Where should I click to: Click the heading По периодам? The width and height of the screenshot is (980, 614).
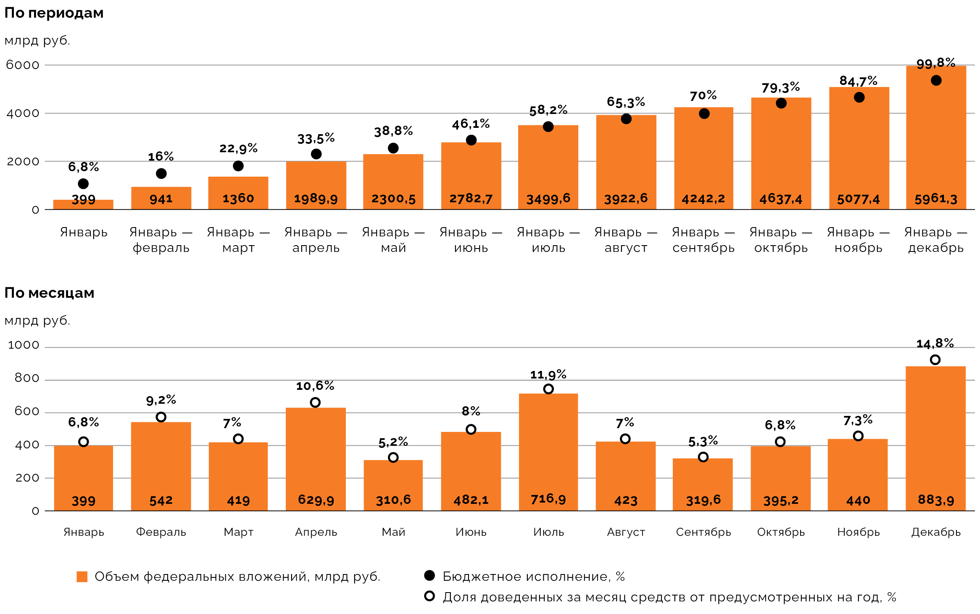click(54, 13)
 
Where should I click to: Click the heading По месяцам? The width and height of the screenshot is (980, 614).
click(49, 293)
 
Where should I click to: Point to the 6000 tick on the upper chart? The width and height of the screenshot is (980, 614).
click(22, 65)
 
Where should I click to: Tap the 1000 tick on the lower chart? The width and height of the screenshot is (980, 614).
click(24, 345)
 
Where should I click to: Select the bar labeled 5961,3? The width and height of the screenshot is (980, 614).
click(936, 139)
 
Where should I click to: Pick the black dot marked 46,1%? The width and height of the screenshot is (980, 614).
click(471, 140)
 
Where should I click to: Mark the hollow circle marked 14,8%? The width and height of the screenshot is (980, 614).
click(935, 360)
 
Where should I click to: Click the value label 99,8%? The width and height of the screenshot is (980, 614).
click(936, 63)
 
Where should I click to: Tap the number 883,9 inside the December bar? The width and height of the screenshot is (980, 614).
click(936, 500)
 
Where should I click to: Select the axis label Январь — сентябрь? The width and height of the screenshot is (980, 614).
click(703, 240)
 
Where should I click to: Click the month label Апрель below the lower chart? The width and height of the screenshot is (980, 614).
click(316, 532)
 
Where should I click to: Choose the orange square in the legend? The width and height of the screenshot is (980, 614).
click(82, 577)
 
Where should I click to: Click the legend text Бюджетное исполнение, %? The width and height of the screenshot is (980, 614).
click(534, 576)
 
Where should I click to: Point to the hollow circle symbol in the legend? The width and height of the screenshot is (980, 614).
click(429, 596)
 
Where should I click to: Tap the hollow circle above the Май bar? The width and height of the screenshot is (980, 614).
click(393, 458)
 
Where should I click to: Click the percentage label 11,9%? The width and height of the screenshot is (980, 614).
click(548, 374)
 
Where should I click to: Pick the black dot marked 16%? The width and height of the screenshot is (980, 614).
click(161, 174)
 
